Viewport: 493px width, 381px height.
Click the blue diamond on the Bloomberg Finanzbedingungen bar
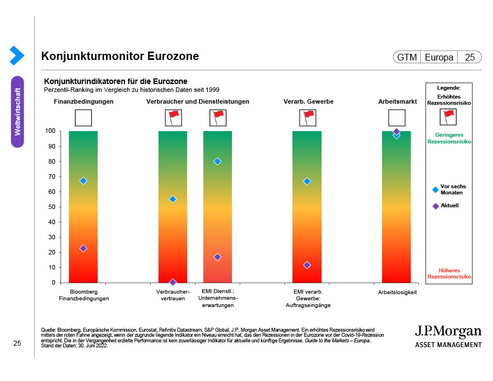tap(83, 180)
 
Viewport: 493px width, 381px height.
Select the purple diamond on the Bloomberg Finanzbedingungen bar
tap(83, 248)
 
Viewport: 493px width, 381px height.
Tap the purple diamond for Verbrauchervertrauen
tap(173, 282)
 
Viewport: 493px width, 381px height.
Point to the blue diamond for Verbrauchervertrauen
tap(173, 199)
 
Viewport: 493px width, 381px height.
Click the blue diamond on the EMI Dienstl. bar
tap(217, 161)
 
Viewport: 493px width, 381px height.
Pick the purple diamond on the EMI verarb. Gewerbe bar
tap(307, 265)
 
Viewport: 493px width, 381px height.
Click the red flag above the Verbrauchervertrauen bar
tap(173, 117)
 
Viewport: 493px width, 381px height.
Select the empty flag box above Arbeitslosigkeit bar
tap(397, 118)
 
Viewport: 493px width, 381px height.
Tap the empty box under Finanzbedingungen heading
tap(83, 118)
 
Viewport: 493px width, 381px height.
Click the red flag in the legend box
tap(448, 117)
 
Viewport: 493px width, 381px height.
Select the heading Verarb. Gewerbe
tap(309, 101)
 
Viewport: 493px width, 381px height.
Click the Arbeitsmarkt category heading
tap(397, 101)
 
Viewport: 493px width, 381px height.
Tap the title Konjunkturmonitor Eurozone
tap(120, 57)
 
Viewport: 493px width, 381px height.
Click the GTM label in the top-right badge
tap(407, 57)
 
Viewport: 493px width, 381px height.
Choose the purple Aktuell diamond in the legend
tap(435, 206)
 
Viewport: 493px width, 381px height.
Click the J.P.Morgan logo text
tap(448, 331)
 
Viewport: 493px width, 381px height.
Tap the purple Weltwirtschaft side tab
tap(17, 111)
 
